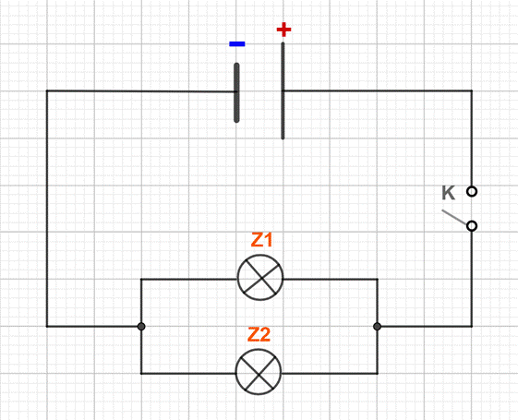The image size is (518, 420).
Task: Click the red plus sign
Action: (x=283, y=30)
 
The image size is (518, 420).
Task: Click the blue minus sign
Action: (x=237, y=44)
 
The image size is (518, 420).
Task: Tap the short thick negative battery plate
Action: (x=236, y=93)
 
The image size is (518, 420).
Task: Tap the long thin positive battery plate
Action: (x=283, y=90)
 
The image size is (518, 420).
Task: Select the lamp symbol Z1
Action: (x=260, y=277)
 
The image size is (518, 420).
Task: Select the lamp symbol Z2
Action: (x=259, y=372)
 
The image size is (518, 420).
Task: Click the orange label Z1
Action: (x=261, y=240)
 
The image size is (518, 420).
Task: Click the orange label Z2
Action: (x=259, y=334)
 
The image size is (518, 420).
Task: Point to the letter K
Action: (x=449, y=193)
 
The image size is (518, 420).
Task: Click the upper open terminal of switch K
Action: (x=472, y=191)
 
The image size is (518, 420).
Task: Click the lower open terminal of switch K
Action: (x=472, y=226)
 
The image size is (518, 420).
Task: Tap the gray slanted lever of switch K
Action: (x=455, y=217)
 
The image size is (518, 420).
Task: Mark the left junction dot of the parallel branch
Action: (x=141, y=327)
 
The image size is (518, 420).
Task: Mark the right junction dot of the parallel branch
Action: (x=378, y=327)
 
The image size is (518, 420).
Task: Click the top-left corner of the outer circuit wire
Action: (x=47, y=90)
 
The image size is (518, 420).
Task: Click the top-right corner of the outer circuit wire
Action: (x=472, y=90)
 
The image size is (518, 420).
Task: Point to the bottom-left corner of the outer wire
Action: (x=47, y=327)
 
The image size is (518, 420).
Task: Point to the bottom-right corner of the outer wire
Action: (x=472, y=327)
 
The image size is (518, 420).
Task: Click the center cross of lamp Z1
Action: (x=261, y=278)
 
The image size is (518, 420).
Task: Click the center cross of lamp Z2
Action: (x=259, y=372)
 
